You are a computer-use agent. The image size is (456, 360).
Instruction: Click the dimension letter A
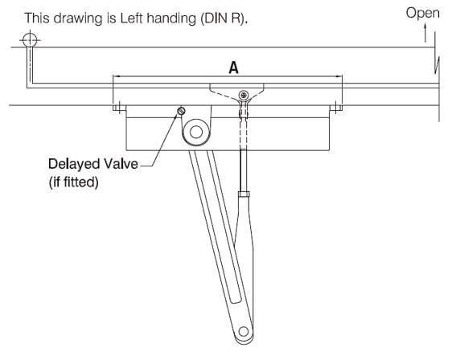233,67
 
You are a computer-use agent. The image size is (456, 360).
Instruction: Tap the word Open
422,13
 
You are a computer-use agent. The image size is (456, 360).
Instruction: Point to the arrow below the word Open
425,33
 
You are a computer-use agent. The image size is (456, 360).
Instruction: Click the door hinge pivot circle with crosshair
30,39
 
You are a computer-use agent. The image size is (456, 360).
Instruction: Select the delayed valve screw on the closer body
181,111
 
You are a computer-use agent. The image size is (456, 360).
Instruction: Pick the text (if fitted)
73,182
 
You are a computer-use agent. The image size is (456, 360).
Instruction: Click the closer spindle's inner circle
196,133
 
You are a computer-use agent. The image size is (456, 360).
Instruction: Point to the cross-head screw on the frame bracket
244,95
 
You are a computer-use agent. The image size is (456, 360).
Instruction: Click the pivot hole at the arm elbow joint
244,331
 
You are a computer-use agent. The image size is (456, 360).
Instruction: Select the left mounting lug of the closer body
119,108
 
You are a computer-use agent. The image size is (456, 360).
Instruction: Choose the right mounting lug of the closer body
336,108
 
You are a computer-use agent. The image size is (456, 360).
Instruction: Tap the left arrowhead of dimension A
116,76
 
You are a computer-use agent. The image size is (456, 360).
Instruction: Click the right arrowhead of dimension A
339,76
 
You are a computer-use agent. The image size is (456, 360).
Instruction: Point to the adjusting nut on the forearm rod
244,194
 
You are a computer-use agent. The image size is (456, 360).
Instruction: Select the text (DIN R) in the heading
224,18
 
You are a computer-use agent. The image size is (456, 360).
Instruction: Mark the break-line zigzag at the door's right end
437,65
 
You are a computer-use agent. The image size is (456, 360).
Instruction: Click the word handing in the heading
171,19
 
